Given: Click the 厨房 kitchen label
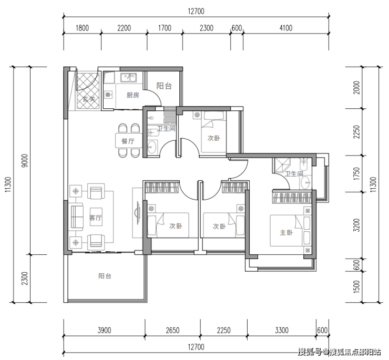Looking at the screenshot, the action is pyautogui.click(x=132, y=95).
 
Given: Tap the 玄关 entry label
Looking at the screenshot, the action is pyautogui.click(x=89, y=99).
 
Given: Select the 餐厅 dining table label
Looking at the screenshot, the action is pyautogui.click(x=128, y=141).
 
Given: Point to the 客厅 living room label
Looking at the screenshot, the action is pyautogui.click(x=96, y=218).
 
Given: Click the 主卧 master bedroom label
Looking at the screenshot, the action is pyautogui.click(x=286, y=232).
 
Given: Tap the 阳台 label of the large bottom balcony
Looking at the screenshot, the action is pyautogui.click(x=105, y=276).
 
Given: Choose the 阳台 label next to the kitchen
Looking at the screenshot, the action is pyautogui.click(x=164, y=86).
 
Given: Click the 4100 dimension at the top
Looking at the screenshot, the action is pyautogui.click(x=286, y=28).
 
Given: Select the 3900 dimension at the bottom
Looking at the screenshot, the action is pyautogui.click(x=104, y=330).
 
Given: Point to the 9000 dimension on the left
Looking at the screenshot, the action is pyautogui.click(x=25, y=161).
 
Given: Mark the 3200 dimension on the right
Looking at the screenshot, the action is pyautogui.click(x=356, y=225).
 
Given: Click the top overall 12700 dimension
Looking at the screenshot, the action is pyautogui.click(x=196, y=12).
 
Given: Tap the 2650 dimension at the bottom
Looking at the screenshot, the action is pyautogui.click(x=172, y=330).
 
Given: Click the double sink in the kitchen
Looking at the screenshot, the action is pyautogui.click(x=128, y=77).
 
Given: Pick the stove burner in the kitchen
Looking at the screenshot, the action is pyautogui.click(x=108, y=95).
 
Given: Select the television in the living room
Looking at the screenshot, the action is pyautogui.click(x=137, y=213).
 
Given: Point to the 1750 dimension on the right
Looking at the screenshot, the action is pyautogui.click(x=356, y=173).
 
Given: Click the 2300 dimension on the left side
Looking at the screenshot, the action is pyautogui.click(x=25, y=279).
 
